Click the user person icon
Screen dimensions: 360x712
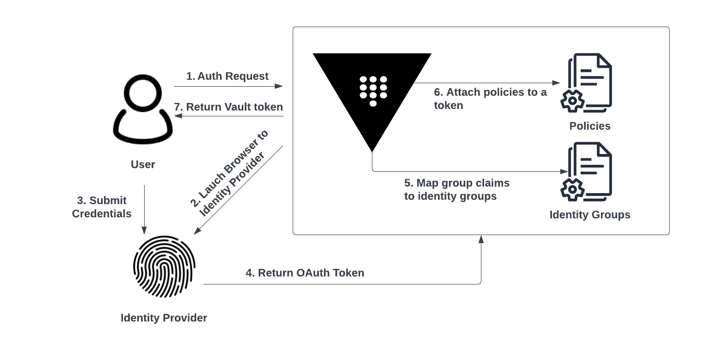143,110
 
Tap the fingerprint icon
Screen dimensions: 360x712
164,266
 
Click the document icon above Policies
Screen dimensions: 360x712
588,82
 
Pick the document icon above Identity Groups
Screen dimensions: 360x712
588,171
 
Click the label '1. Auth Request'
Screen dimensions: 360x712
227,76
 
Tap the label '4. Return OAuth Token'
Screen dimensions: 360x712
305,273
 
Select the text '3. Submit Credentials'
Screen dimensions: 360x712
102,207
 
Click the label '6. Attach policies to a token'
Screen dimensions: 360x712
490,99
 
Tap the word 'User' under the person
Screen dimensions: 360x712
143,164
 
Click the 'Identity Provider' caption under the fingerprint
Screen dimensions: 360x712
164,318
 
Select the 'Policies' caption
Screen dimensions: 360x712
590,126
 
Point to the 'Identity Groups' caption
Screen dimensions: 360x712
590,215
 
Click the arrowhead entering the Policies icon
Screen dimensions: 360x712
557,83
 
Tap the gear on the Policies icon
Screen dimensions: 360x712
572,101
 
